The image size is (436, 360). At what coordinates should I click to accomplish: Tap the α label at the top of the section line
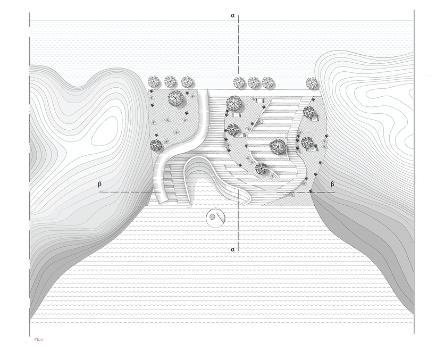(232, 16)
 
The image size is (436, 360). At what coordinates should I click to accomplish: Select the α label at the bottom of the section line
(232, 248)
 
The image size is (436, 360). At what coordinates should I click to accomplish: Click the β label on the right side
(333, 184)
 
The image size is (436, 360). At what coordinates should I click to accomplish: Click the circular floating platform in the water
(216, 217)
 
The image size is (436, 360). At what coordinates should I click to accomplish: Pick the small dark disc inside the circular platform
(212, 216)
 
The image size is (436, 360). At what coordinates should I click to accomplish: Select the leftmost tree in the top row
(154, 82)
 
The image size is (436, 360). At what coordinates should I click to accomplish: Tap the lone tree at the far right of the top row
(312, 82)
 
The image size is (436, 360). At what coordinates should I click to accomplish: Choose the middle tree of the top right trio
(254, 82)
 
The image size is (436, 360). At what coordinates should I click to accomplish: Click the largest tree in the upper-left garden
(175, 98)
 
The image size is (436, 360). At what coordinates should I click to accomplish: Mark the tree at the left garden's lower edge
(156, 145)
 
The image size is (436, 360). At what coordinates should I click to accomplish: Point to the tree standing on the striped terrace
(277, 146)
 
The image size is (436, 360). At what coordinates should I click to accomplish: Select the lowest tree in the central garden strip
(261, 169)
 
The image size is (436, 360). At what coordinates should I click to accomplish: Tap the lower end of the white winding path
(164, 198)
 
